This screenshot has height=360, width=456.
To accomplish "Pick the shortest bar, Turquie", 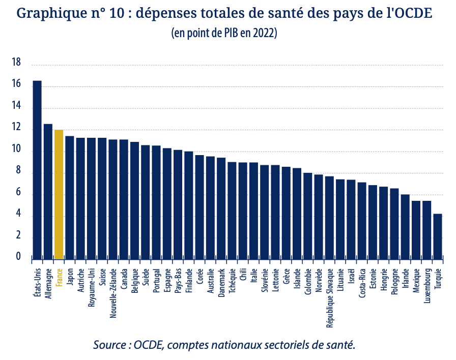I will click(438, 236).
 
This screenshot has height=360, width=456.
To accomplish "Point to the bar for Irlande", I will click(405, 227).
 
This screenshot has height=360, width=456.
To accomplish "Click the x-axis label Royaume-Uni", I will click(92, 286).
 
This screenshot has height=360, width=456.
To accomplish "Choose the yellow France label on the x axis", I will click(59, 278).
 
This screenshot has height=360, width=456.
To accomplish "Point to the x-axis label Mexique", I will click(416, 280).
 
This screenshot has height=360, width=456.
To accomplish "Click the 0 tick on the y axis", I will click(18, 257).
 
